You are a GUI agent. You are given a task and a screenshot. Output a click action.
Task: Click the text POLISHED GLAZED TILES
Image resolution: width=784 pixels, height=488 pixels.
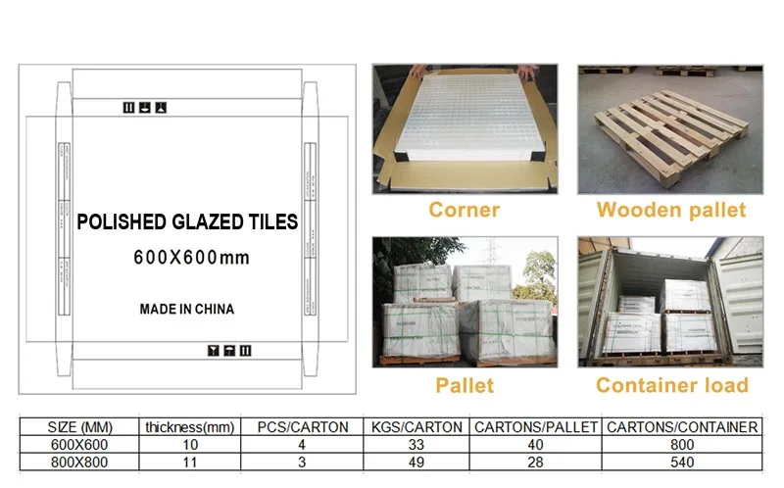pyautogui.click(x=187, y=223)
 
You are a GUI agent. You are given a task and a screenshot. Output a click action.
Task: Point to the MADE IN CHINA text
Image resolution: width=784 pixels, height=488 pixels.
pyautogui.click(x=187, y=309)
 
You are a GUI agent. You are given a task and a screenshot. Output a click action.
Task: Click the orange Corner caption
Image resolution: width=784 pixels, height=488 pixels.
pyautogui.click(x=465, y=210)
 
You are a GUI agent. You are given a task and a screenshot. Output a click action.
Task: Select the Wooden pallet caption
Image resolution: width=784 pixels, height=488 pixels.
pyautogui.click(x=671, y=210)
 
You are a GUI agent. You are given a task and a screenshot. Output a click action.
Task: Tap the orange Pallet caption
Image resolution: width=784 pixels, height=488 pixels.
pyautogui.click(x=464, y=385)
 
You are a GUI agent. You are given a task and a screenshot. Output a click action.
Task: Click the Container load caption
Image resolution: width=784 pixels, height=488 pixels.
pyautogui.click(x=671, y=385)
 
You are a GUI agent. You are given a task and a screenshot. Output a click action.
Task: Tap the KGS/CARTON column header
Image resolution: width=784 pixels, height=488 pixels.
pyautogui.click(x=416, y=427)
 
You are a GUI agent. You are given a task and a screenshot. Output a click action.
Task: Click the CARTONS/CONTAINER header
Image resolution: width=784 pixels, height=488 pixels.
pyautogui.click(x=682, y=427)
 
